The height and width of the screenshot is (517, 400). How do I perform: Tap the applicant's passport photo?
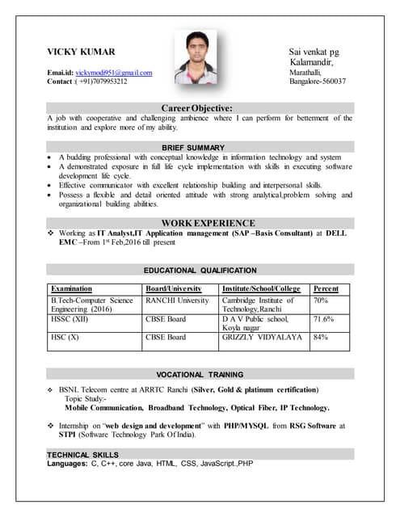click(196, 58)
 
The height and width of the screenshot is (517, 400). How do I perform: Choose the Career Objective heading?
click(197, 108)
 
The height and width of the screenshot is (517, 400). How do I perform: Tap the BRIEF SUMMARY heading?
click(193, 147)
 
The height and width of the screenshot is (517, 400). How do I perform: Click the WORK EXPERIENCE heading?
click(208, 223)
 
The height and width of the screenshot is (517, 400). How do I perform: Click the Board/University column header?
click(173, 288)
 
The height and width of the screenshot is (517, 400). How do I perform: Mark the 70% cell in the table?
click(320, 300)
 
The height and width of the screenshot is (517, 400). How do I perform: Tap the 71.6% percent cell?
click(323, 319)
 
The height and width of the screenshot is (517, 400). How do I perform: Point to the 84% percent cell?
click(320, 338)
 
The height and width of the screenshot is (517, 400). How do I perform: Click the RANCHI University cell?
click(177, 300)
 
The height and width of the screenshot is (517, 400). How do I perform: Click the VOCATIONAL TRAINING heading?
click(200, 375)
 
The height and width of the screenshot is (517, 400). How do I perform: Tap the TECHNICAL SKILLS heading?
click(83, 456)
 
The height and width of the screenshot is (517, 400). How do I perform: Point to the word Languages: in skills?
click(67, 464)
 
